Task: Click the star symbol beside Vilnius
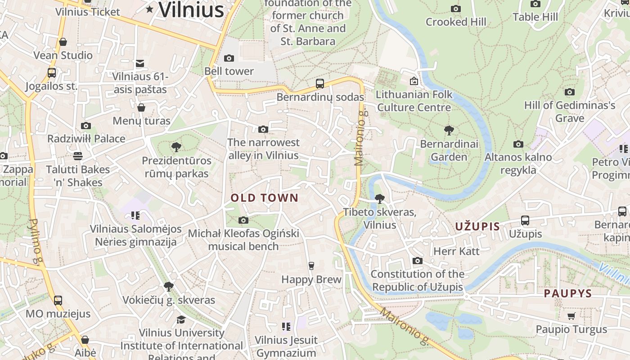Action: pyautogui.click(x=150, y=9)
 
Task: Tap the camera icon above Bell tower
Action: pyautogui.click(x=229, y=58)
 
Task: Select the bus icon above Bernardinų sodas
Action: pyautogui.click(x=320, y=83)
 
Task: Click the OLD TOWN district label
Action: pyautogui.click(x=265, y=198)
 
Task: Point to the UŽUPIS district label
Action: pyautogui.click(x=477, y=226)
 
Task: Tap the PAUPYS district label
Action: pyautogui.click(x=568, y=294)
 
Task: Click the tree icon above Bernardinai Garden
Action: pyautogui.click(x=449, y=131)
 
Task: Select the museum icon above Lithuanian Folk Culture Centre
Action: pyautogui.click(x=414, y=81)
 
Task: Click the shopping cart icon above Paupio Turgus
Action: pyautogui.click(x=571, y=316)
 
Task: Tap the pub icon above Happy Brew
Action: pyautogui.click(x=311, y=265)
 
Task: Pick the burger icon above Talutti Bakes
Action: pyautogui.click(x=78, y=156)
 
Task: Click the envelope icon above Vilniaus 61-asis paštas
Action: pyautogui.click(x=140, y=63)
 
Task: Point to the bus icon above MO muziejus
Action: pyautogui.click(x=58, y=300)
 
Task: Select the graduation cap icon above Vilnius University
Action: pyautogui.click(x=181, y=319)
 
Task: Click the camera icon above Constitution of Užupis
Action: pyautogui.click(x=418, y=261)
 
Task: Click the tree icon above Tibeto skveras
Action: pyautogui.click(x=380, y=198)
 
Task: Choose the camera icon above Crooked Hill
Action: pyautogui.click(x=456, y=9)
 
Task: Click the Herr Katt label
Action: pyautogui.click(x=456, y=251)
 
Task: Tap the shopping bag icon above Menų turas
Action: pyautogui.click(x=141, y=108)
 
